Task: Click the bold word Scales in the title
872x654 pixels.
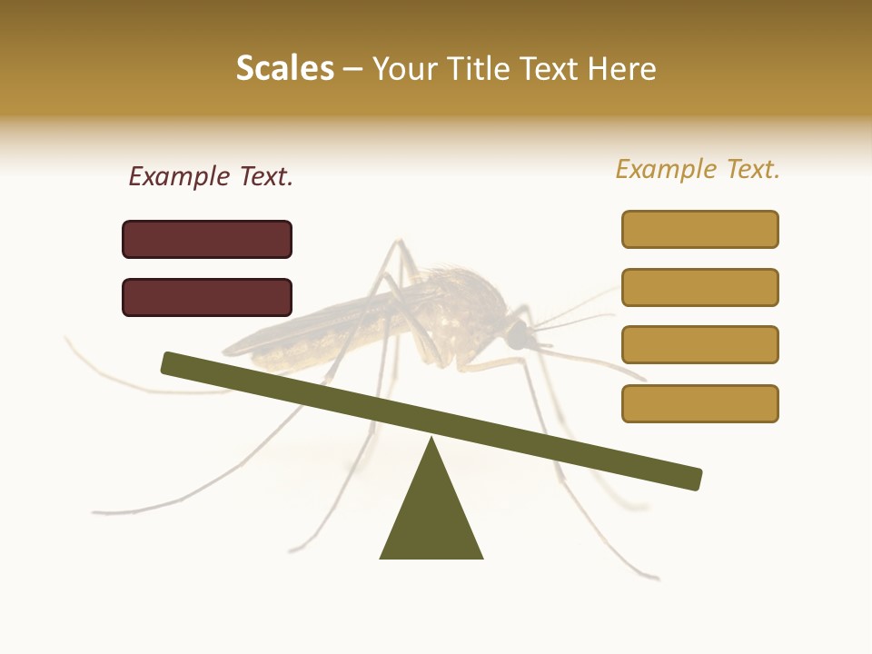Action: click(284, 68)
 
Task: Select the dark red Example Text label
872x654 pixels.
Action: click(211, 177)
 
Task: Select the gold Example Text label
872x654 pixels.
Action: click(698, 169)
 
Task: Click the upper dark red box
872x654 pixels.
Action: click(207, 239)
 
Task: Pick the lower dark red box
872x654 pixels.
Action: click(207, 297)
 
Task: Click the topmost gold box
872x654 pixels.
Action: click(699, 229)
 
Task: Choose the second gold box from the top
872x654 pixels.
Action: click(699, 287)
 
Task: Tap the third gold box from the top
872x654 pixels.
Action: click(699, 345)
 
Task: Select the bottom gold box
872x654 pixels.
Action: click(699, 403)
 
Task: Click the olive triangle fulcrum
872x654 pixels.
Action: click(431, 513)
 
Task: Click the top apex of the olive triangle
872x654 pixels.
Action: click(431, 441)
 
